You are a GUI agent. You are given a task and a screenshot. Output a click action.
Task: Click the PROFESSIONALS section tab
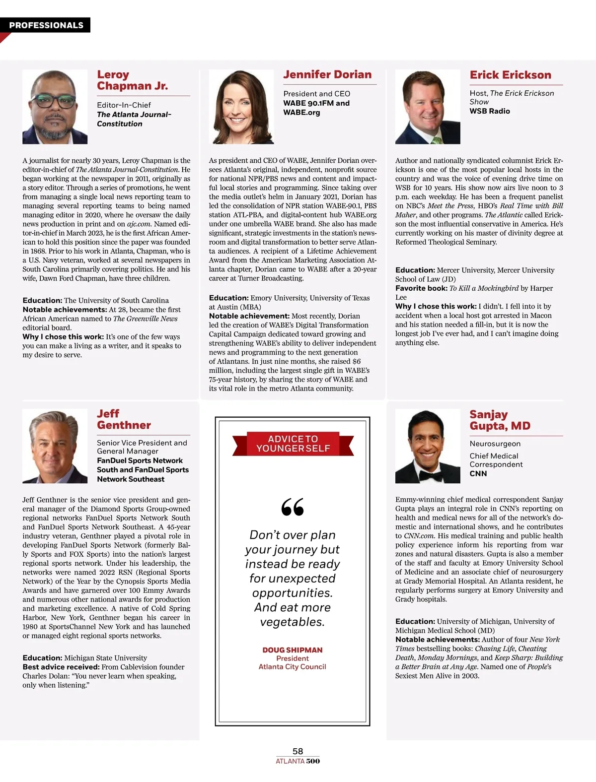tap(46, 25)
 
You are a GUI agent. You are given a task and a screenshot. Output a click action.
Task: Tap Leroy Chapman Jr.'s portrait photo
tap(55, 107)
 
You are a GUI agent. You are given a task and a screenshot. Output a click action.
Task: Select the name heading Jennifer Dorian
tap(327, 74)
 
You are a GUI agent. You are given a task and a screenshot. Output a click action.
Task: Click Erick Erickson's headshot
tap(428, 107)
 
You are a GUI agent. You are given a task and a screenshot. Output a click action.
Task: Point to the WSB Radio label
tap(490, 111)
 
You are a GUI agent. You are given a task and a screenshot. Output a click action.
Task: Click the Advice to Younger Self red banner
tap(293, 444)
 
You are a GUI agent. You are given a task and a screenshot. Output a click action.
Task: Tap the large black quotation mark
tap(293, 507)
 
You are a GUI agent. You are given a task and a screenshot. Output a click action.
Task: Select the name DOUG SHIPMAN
tap(293, 650)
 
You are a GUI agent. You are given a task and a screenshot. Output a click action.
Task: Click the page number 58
tap(298, 751)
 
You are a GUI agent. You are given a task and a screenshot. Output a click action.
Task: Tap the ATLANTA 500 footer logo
tap(298, 761)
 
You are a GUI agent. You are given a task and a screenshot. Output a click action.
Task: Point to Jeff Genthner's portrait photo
tap(55, 446)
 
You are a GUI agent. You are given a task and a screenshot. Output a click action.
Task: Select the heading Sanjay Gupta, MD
tap(500, 420)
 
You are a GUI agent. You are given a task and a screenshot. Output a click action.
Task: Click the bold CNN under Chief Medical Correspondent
tap(478, 474)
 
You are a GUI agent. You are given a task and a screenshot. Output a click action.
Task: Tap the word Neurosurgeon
tap(495, 444)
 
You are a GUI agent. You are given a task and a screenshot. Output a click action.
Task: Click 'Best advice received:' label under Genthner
tap(61, 667)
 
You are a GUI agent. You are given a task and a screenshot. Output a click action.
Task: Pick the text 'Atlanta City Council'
tap(292, 667)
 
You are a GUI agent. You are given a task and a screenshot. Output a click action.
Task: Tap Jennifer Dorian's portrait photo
tap(241, 107)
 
